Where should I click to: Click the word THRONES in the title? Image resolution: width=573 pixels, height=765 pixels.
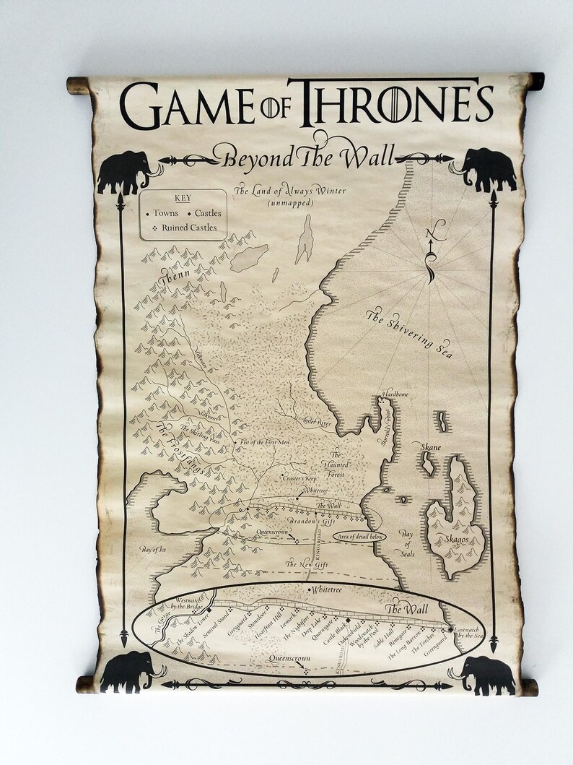point(395,103)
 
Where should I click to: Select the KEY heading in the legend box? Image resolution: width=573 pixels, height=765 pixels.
point(183,198)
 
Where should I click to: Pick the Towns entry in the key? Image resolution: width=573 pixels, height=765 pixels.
point(165,213)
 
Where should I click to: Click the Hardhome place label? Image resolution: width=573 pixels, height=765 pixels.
point(395,394)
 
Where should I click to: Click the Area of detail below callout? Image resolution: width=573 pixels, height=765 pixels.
point(359,537)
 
